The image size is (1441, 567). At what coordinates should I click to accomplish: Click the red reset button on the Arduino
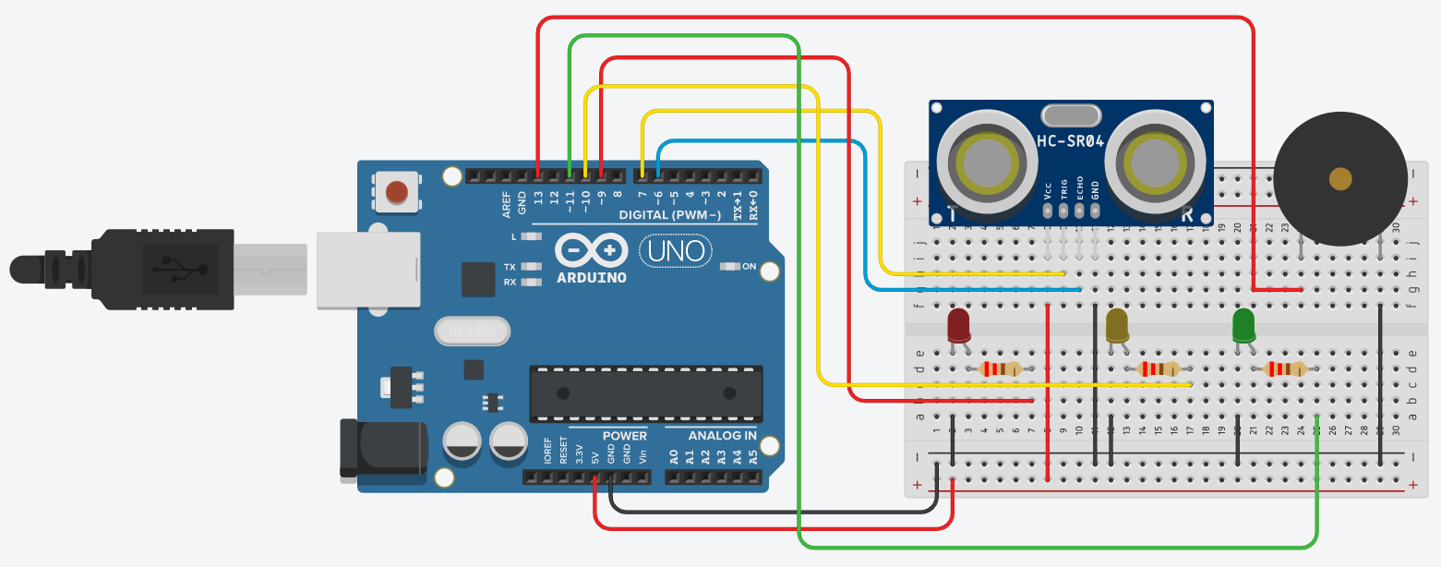tap(396, 192)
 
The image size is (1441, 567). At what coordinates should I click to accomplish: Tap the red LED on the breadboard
tap(959, 326)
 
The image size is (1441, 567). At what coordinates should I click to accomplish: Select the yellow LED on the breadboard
tap(1117, 325)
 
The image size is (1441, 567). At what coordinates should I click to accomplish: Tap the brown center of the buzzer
tap(1339, 178)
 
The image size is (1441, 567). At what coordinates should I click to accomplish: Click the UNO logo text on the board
tap(677, 250)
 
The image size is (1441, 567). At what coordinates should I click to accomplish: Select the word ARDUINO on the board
tap(592, 277)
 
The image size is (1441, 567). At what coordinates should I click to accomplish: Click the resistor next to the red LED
tap(999, 369)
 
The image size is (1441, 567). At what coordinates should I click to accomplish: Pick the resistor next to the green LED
tap(1285, 369)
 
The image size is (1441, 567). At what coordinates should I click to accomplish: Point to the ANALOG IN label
tap(723, 436)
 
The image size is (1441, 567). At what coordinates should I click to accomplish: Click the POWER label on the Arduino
tap(625, 436)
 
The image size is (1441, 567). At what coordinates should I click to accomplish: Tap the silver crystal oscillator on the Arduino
tap(470, 332)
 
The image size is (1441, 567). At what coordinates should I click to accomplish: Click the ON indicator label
tap(749, 267)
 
